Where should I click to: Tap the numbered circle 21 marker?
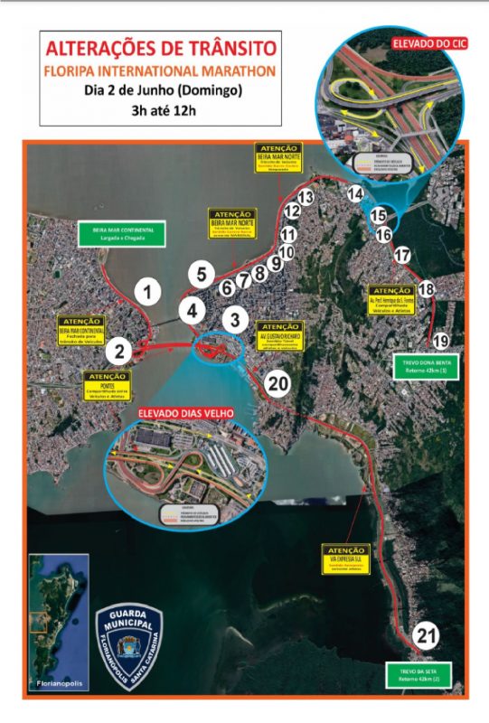(426, 636)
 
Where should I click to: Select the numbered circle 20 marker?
(278, 383)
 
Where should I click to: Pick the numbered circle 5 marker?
(202, 274)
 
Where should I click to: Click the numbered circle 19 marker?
(440, 341)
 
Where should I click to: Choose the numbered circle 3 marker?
(234, 319)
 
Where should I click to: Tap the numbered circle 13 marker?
(305, 196)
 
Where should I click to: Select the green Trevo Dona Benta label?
(425, 368)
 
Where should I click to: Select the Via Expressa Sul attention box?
(344, 558)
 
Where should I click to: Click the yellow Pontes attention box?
(108, 385)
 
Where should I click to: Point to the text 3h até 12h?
(159, 110)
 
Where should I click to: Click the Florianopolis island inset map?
(57, 616)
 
